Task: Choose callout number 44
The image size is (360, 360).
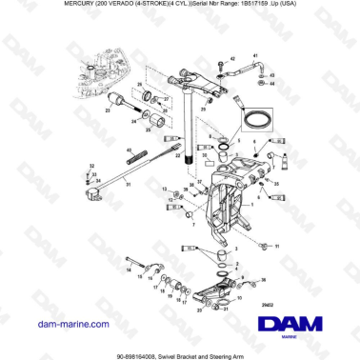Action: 272,83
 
